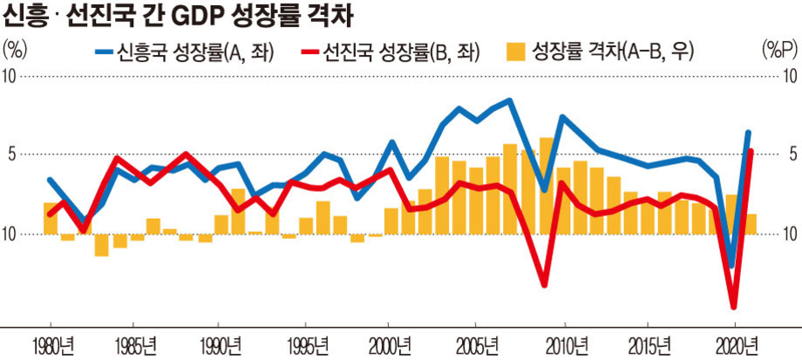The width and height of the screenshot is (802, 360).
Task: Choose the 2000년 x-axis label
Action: pos(391,343)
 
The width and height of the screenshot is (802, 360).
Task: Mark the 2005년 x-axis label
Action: pos(477,343)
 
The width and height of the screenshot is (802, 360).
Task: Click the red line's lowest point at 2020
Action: pos(733,307)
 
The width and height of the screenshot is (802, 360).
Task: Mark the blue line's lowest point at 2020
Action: pos(732,265)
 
